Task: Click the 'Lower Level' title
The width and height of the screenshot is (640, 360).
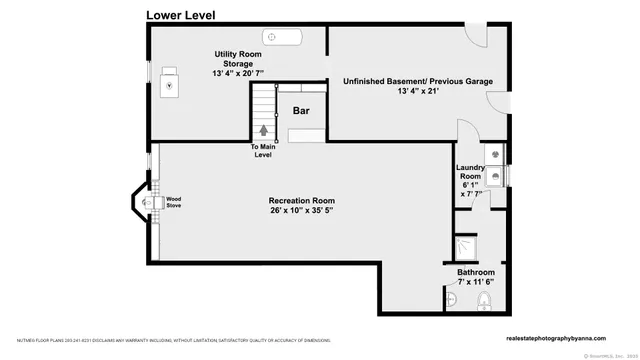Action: [x=180, y=15]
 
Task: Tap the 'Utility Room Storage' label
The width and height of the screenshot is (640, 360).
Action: [x=237, y=63]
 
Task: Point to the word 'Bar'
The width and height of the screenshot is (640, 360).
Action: [x=300, y=111]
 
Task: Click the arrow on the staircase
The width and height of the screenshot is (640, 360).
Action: [x=264, y=128]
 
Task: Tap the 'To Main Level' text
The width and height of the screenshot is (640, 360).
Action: [x=262, y=151]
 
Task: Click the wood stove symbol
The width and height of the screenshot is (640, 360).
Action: [x=150, y=203]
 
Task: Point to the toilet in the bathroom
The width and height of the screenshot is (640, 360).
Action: [x=484, y=302]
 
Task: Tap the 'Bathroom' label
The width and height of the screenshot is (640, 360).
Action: [x=476, y=271]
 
